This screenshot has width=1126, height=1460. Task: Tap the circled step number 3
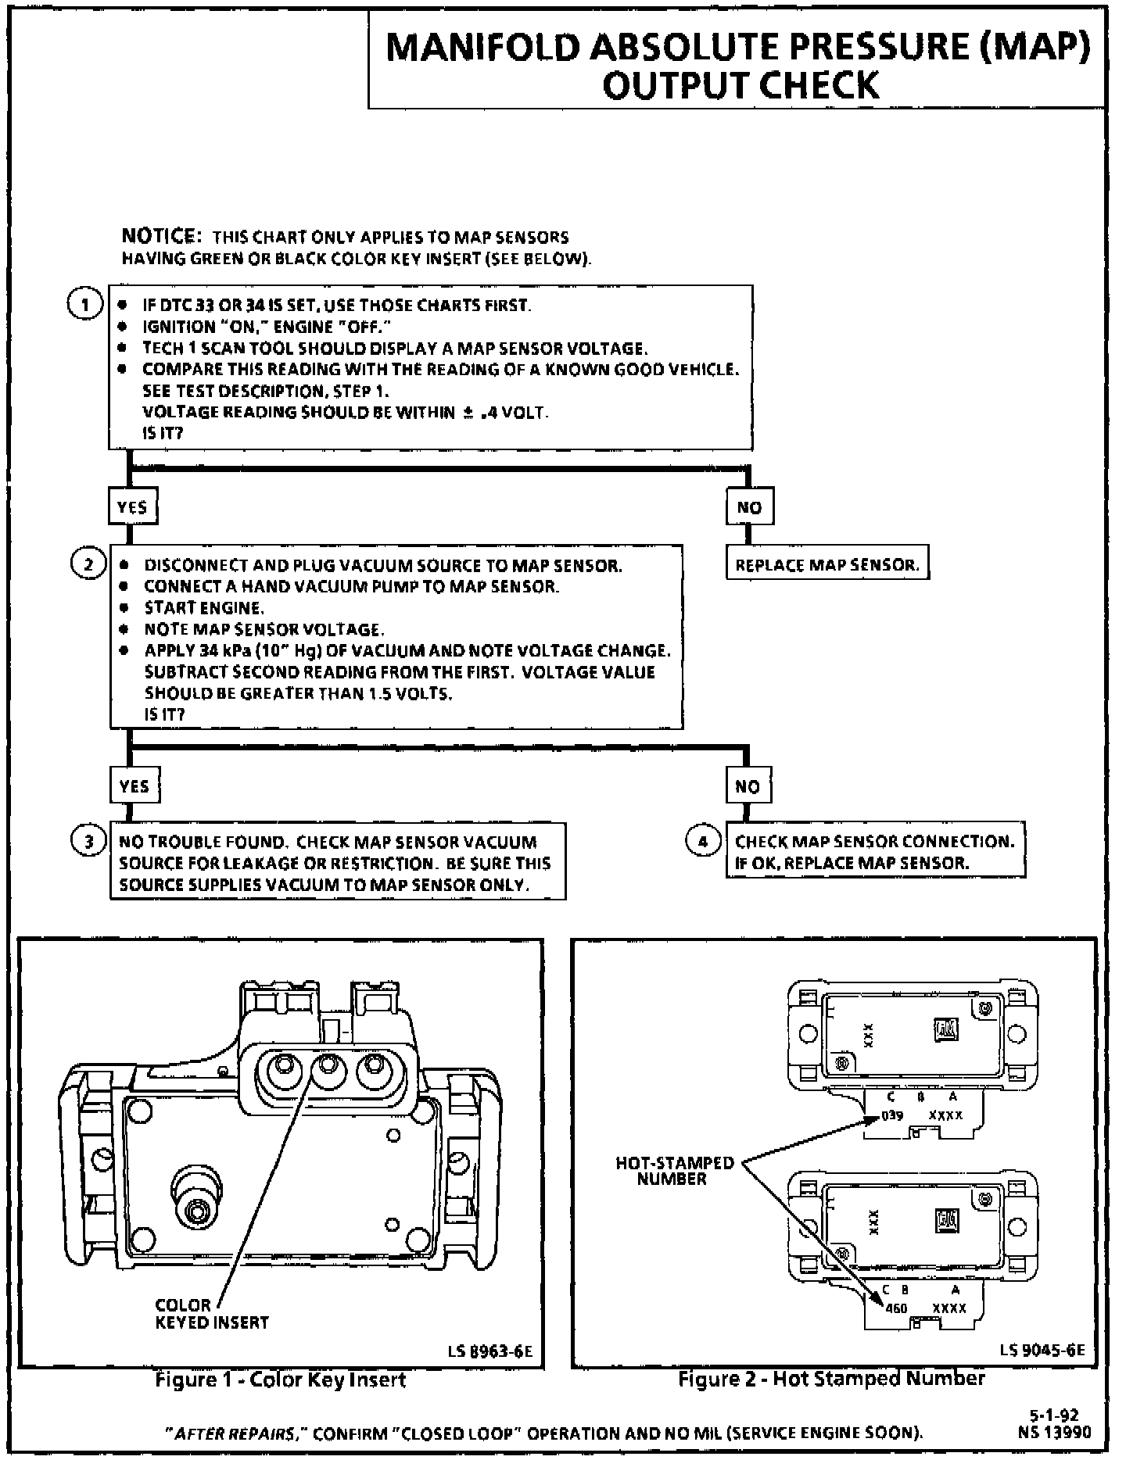click(88, 842)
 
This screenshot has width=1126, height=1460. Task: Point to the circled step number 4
click(702, 841)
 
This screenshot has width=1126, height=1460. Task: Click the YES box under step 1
click(131, 507)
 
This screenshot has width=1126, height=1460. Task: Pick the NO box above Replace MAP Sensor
click(748, 507)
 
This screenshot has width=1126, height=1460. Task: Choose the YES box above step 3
click(134, 785)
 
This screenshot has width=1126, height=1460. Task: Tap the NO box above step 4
click(748, 785)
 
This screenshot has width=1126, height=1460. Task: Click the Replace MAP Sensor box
click(827, 564)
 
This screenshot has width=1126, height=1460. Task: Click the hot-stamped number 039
click(893, 1115)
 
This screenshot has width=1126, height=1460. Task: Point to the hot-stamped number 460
click(896, 1308)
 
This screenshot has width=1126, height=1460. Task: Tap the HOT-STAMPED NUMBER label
click(674, 1171)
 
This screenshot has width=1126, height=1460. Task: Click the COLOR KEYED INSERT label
click(211, 1314)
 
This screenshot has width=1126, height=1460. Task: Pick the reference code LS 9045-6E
click(1042, 1351)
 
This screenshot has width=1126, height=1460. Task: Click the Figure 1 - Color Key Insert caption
click(280, 1380)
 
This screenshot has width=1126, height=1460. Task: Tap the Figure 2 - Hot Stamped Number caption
click(831, 1379)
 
